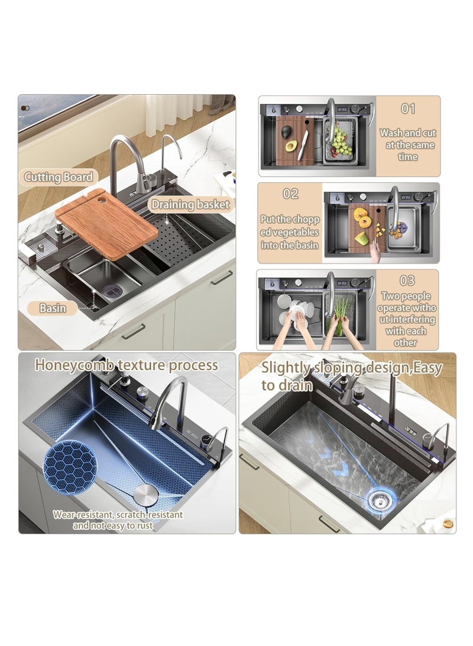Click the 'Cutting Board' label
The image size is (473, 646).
tap(59, 176)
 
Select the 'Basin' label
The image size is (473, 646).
tap(53, 308)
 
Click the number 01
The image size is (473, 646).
tap(409, 109)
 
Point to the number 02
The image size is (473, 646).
tap(290, 194)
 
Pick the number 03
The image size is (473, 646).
tap(407, 281)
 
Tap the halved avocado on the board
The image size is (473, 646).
tap(289, 146)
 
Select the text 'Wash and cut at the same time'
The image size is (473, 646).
tap(408, 145)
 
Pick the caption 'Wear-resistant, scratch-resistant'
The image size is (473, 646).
tap(118, 515)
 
